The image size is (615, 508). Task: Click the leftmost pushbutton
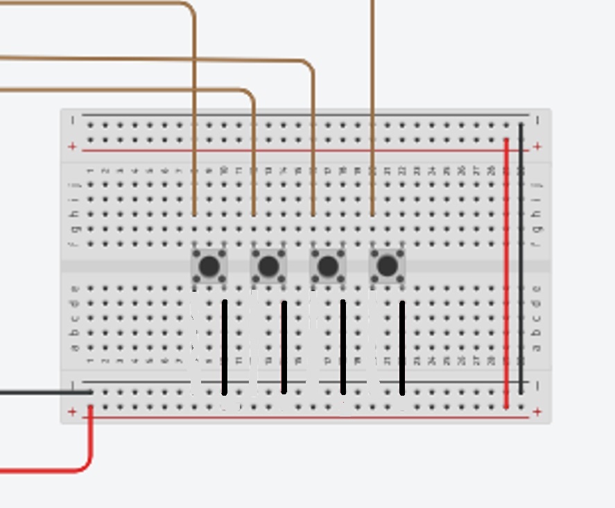tap(209, 266)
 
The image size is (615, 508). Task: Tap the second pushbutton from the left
tap(269, 266)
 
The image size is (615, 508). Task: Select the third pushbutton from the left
tap(328, 266)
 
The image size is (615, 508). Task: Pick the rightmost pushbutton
tap(388, 266)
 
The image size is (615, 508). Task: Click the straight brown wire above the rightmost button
tap(373, 104)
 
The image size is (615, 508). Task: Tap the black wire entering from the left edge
tap(42, 392)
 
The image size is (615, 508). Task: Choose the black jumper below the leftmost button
tap(225, 347)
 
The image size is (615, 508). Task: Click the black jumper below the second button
tap(284, 347)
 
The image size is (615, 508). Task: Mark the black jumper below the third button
tap(343, 347)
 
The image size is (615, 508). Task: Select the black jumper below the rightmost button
tap(403, 347)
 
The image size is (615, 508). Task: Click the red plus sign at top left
tap(72, 146)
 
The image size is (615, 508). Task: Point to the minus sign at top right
tap(538, 121)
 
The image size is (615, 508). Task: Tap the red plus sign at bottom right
tap(537, 412)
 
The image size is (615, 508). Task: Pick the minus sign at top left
tap(72, 121)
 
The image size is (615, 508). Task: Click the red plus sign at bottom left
tap(72, 412)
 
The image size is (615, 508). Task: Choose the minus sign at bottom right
tap(538, 385)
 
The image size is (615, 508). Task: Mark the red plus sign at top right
tap(538, 146)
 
